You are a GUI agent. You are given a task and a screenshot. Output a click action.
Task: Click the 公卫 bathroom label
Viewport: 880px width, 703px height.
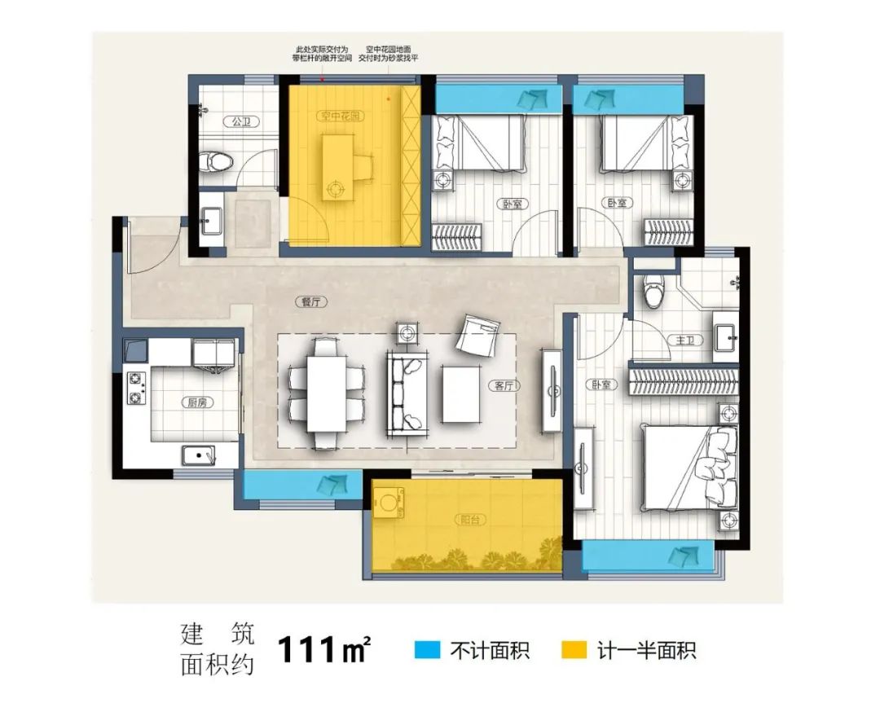click(x=240, y=122)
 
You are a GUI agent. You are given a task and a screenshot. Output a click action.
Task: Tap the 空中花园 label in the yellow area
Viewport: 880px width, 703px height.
click(x=341, y=117)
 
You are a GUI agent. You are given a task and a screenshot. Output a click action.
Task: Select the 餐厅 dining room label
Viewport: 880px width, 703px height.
click(x=307, y=302)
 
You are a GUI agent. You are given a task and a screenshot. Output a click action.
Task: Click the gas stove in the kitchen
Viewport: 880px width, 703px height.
click(x=135, y=389)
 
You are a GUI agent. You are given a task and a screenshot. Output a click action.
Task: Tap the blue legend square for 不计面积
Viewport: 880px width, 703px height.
click(x=425, y=650)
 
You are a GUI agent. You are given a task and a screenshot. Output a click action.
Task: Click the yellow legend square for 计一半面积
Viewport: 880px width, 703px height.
click(x=575, y=650)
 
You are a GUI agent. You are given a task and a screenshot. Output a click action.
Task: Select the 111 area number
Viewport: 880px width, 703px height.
click(x=307, y=650)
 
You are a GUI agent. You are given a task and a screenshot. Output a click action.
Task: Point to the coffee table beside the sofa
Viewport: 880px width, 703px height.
click(x=462, y=394)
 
